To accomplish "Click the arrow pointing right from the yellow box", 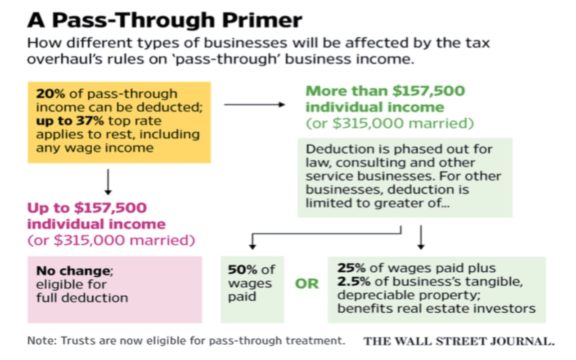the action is [255, 104].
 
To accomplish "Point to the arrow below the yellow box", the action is [108, 182].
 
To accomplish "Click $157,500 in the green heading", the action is [429, 91].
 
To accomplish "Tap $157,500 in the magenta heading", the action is [111, 208].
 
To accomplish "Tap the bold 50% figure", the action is [243, 270].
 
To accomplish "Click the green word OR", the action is [307, 284].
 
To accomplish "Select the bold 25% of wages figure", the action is [351, 268].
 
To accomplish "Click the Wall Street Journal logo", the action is [459, 341].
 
